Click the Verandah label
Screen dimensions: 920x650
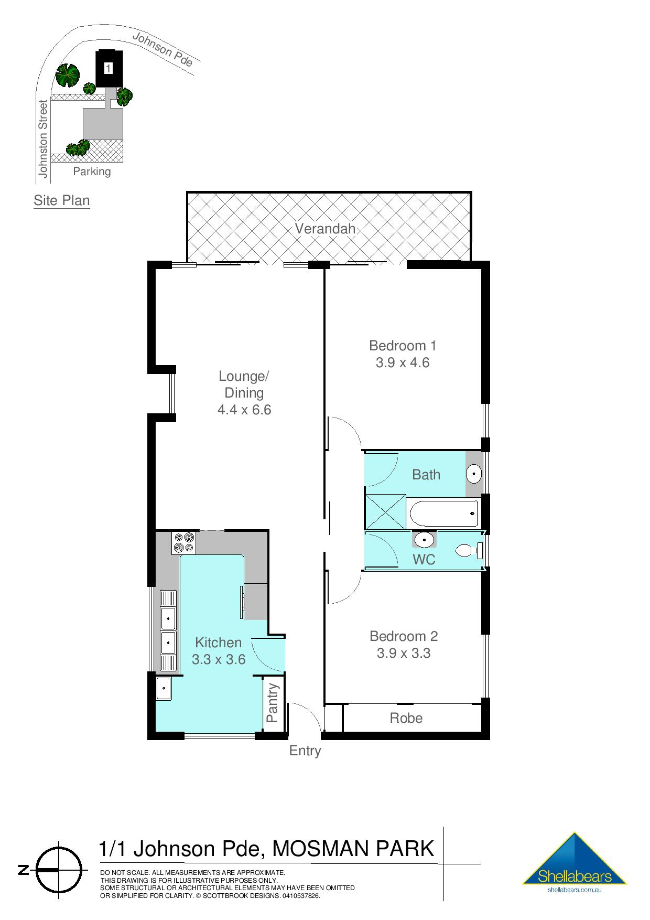325,229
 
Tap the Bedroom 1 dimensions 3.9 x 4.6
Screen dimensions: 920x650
402,362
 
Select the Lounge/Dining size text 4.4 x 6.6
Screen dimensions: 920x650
244,410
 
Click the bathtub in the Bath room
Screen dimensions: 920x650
443,514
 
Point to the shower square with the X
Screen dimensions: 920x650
385,512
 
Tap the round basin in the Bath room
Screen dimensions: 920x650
474,474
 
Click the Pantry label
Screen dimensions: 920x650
272,703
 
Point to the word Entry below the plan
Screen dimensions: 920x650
305,751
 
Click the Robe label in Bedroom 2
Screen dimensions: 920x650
406,718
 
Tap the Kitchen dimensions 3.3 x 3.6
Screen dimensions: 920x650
219,659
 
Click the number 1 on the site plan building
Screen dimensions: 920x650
109,68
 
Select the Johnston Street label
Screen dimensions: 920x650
43,139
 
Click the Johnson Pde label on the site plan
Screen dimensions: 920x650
162,49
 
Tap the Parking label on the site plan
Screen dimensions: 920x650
92,172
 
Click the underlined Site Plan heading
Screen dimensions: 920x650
61,200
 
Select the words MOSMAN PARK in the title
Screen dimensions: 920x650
354,848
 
